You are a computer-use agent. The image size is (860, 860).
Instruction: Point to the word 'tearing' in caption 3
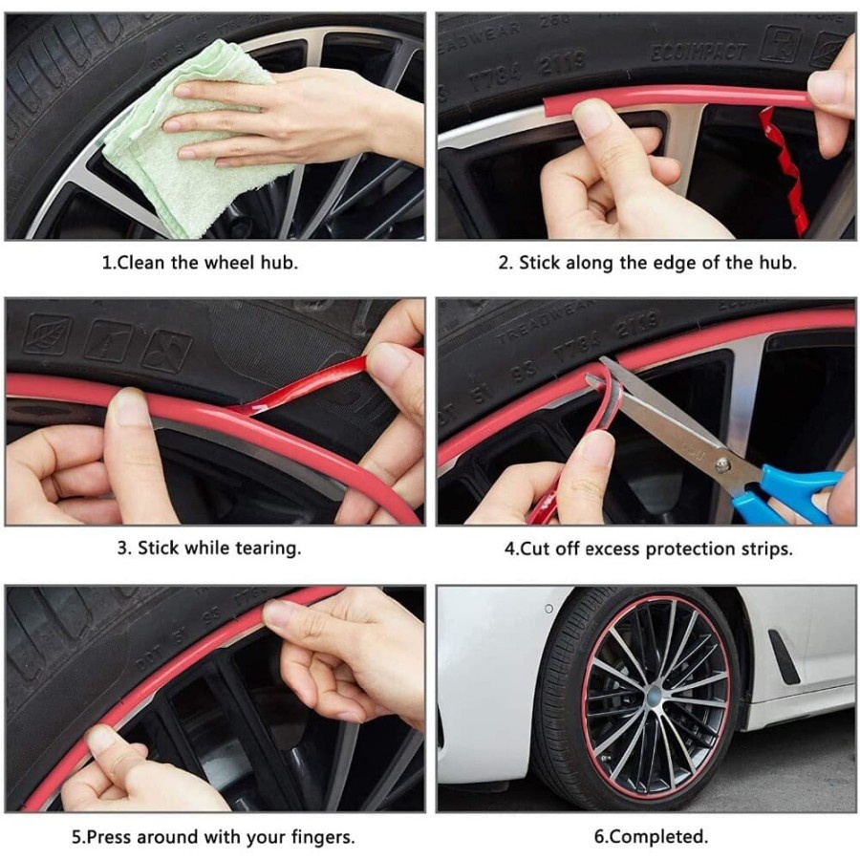(268, 548)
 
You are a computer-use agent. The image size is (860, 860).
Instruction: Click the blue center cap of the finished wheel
(655, 697)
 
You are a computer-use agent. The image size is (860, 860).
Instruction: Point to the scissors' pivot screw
(723, 465)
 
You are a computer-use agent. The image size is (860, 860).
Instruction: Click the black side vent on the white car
(784, 656)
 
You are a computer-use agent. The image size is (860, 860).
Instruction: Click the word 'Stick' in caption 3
(159, 548)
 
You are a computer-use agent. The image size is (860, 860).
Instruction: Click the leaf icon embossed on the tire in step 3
(47, 333)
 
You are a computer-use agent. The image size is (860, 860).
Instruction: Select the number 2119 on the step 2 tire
(563, 63)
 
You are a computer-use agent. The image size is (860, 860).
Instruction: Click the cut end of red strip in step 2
(548, 106)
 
